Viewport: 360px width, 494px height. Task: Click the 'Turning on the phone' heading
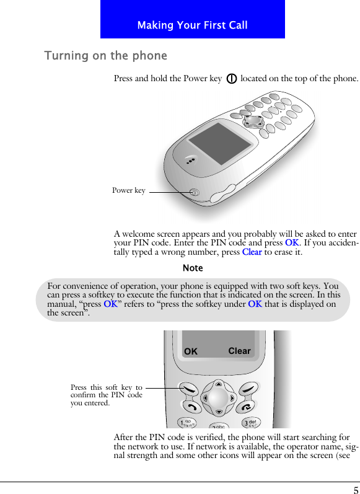point(105,56)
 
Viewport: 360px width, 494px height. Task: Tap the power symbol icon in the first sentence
point(230,79)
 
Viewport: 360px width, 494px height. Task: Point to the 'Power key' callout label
point(129,190)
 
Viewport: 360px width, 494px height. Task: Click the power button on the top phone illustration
point(195,193)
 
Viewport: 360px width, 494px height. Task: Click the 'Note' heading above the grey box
point(193,268)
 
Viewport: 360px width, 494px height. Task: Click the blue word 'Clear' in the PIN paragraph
point(252,252)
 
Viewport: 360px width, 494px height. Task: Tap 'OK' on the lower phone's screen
point(191,351)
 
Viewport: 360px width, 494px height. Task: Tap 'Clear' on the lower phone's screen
point(239,351)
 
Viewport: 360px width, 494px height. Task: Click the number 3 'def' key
point(250,423)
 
